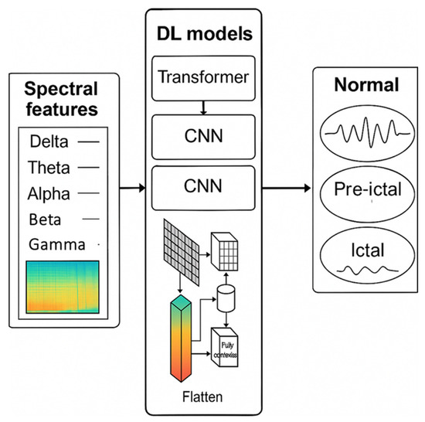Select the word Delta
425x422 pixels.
click(49, 141)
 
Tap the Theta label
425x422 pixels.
click(49, 166)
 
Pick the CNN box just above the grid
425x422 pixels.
click(204, 187)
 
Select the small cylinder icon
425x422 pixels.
click(227, 296)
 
